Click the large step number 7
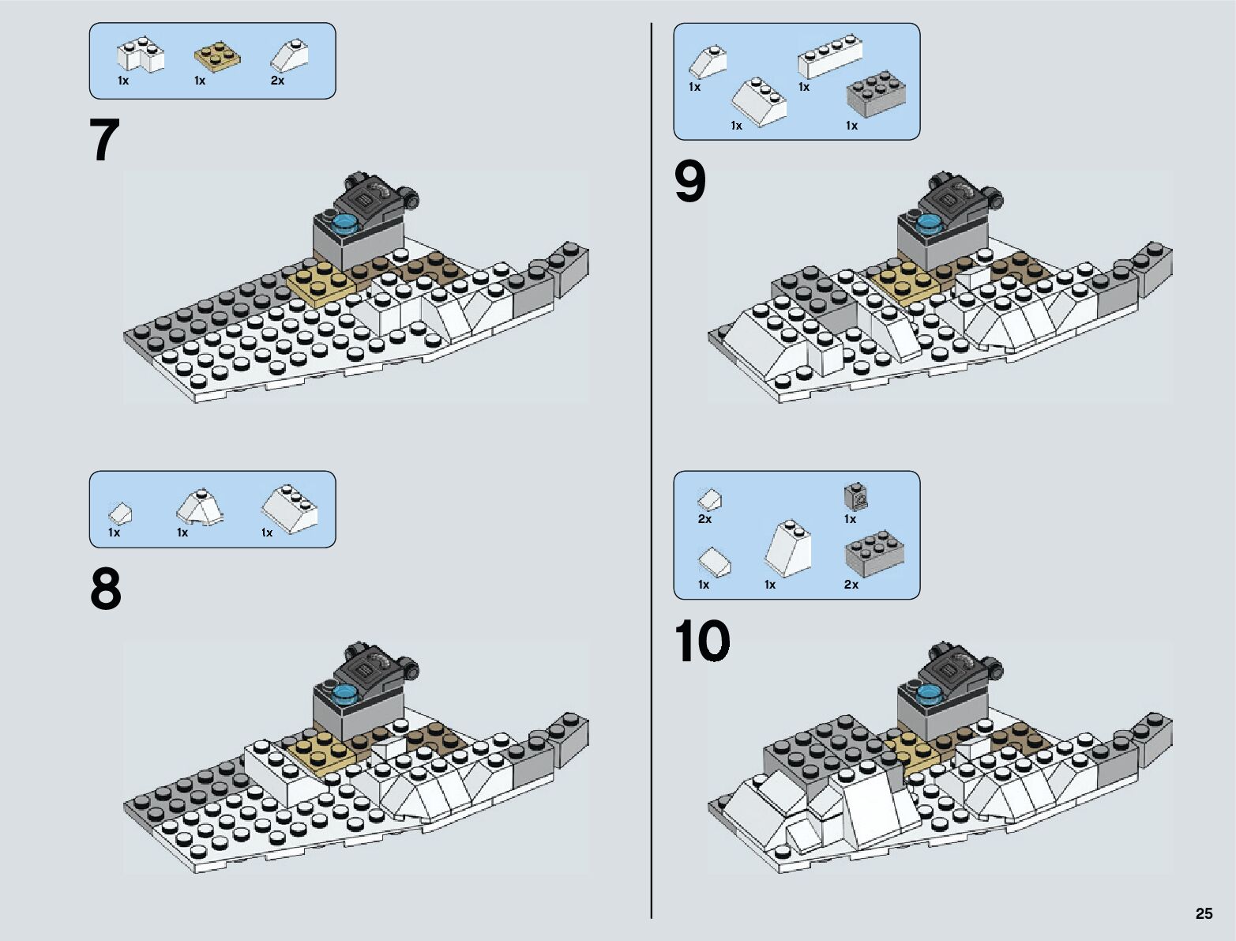coord(105,139)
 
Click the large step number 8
coord(105,589)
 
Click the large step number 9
coord(689,182)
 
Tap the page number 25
coord(1204,913)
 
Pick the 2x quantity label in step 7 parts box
coord(278,81)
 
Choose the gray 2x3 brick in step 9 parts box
coord(876,94)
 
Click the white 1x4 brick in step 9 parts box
coord(830,56)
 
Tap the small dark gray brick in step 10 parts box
coord(855,496)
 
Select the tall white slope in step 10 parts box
coord(788,548)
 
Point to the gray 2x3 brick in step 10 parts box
coord(874,553)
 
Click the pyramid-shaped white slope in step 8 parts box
coord(199,507)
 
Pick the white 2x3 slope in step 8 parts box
coord(289,509)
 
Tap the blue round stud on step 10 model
coord(929,695)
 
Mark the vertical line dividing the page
coord(652,471)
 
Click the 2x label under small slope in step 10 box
coord(704,518)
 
